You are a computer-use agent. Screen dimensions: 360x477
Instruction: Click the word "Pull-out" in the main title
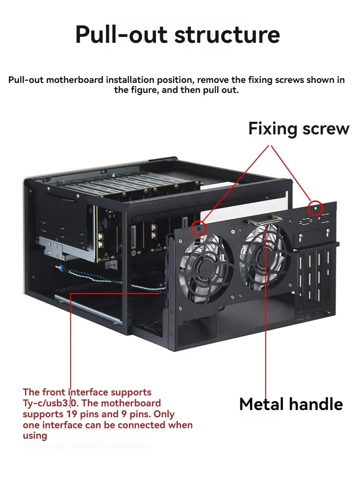(x=121, y=34)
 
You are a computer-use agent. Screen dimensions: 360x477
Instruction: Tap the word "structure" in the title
(x=227, y=34)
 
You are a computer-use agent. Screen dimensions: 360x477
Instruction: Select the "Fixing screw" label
(x=298, y=128)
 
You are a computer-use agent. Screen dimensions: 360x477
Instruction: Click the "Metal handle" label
(x=291, y=404)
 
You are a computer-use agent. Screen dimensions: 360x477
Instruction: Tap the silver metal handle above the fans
(x=265, y=220)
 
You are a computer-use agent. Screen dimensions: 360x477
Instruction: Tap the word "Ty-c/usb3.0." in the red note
(x=51, y=403)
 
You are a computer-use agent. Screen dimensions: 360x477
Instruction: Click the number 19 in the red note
(x=71, y=414)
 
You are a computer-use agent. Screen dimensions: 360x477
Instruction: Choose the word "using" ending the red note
(x=35, y=436)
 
